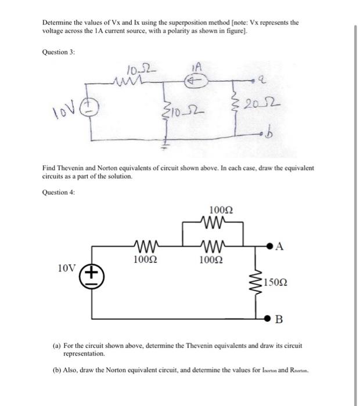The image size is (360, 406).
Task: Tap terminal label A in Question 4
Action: tap(280, 246)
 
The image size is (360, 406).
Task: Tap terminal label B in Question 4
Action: tap(279, 318)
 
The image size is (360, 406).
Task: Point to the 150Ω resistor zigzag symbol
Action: tap(258, 282)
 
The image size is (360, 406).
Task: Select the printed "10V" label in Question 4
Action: tap(67, 268)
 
